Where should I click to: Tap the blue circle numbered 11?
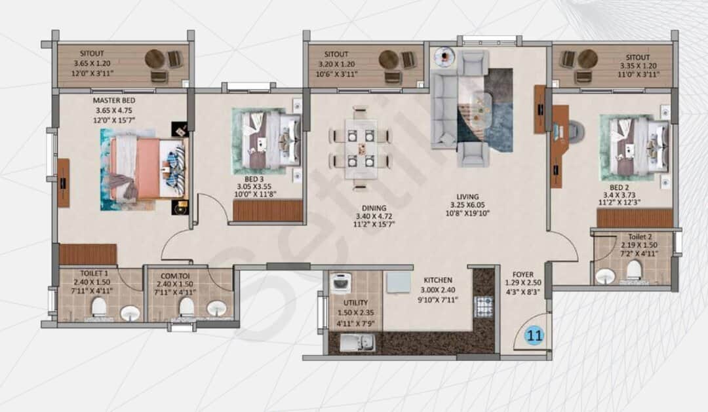(535, 336)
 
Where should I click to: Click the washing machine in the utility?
(341, 284)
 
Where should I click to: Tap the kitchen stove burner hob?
(483, 306)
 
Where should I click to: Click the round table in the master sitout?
(155, 59)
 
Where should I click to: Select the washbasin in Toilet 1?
(130, 312)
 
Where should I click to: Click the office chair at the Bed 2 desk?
(574, 131)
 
